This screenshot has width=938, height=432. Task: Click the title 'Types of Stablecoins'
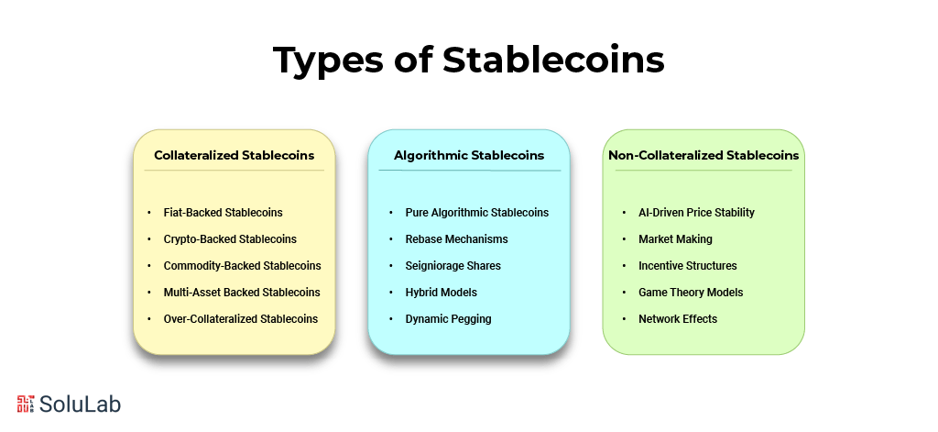tap(468, 61)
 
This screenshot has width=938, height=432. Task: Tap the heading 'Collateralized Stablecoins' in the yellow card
tap(234, 155)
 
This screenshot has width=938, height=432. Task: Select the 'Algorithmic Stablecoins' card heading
tap(469, 155)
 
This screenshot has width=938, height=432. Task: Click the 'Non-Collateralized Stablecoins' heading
tap(703, 155)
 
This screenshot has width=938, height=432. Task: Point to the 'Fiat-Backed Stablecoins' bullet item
tap(223, 213)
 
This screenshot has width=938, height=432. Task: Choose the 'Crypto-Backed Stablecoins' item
tap(230, 239)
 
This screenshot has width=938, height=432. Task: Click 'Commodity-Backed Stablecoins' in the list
tap(242, 266)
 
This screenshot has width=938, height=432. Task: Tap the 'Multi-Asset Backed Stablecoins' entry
tap(242, 293)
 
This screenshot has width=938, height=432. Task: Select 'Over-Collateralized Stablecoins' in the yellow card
tap(241, 319)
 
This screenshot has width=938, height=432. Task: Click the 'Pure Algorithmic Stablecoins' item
tap(476, 213)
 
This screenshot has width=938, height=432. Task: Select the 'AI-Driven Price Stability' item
tap(696, 213)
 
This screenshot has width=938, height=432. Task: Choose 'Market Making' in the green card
tap(675, 239)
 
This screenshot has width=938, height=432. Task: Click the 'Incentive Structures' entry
tap(687, 266)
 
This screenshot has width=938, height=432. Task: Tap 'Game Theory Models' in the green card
tap(691, 293)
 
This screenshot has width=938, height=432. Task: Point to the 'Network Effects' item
tap(678, 319)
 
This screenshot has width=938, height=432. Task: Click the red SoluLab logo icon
tap(26, 404)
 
